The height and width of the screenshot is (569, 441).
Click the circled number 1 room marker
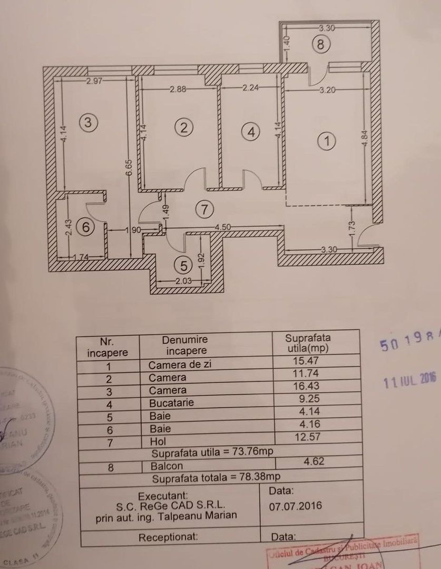327,141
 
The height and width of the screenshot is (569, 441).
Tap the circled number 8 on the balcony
321,45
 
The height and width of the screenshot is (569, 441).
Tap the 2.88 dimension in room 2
178,90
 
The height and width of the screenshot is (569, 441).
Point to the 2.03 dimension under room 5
181,281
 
